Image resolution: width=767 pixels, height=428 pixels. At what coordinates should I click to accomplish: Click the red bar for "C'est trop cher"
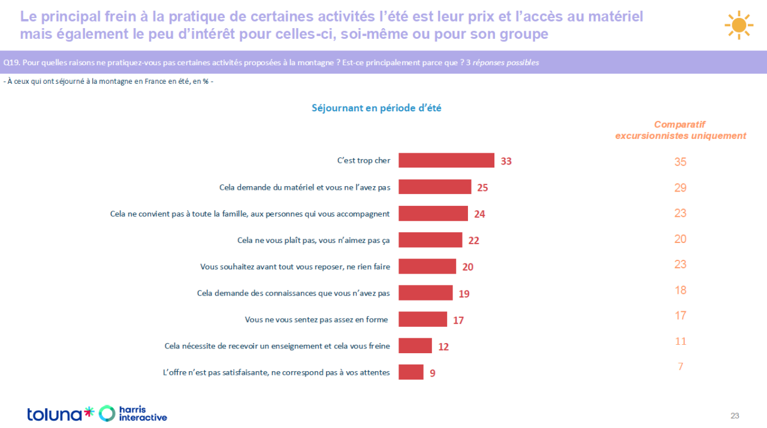point(446,160)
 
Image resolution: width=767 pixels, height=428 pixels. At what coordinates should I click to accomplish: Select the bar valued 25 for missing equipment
point(435,187)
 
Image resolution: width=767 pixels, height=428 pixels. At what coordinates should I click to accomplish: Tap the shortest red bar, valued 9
point(411,372)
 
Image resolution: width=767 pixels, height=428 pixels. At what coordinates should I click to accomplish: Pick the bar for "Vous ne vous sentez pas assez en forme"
point(422,319)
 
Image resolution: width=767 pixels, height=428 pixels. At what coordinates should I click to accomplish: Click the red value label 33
point(506,161)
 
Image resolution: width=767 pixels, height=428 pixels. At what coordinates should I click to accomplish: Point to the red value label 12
point(443,347)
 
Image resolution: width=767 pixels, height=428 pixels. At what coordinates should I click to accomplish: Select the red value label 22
point(473,241)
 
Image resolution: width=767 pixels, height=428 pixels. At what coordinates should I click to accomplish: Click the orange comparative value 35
point(680,162)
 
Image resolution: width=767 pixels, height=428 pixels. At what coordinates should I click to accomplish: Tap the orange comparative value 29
point(680,187)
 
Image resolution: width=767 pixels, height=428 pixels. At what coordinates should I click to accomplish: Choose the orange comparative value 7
point(680,366)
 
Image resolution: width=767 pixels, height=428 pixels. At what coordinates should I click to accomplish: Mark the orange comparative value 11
point(680,341)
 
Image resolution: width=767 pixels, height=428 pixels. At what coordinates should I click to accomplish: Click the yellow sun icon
point(739,25)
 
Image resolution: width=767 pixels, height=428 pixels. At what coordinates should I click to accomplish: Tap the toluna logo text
point(55,414)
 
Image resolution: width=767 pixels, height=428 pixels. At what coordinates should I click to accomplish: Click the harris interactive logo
point(133,413)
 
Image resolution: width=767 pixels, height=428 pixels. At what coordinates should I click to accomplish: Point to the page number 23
point(735,415)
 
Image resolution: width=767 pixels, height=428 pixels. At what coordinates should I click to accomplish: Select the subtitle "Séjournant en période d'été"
point(376,108)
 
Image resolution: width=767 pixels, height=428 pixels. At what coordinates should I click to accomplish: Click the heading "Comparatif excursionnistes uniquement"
point(680,130)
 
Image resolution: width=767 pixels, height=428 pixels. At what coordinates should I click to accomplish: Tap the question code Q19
point(11,63)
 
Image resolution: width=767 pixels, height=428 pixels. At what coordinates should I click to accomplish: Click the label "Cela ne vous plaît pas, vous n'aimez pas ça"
point(313,240)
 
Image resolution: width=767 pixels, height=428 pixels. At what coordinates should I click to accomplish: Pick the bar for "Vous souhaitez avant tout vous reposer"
point(427,266)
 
